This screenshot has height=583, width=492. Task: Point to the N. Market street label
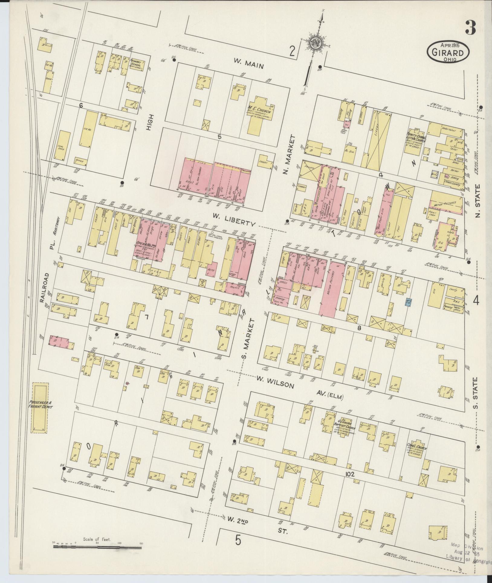(x=285, y=155)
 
